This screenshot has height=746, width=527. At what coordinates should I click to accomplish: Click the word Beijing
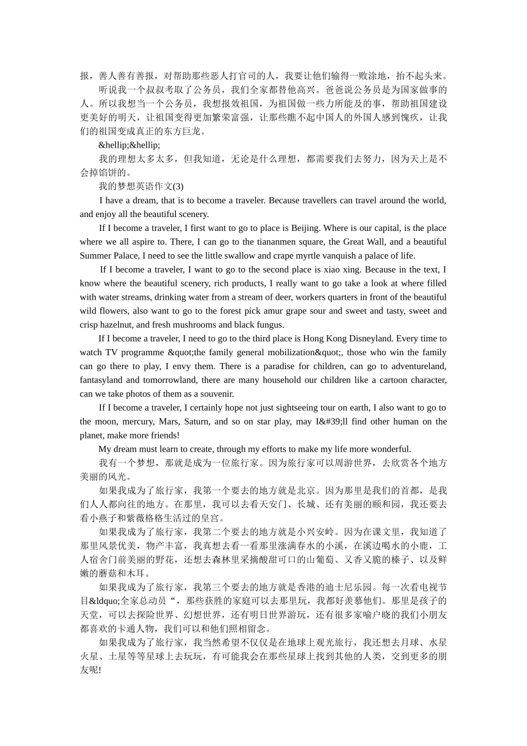[x=306, y=228]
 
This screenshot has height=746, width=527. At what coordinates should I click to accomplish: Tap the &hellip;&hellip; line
[x=129, y=145]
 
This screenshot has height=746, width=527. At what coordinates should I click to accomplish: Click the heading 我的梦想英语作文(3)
[x=141, y=186]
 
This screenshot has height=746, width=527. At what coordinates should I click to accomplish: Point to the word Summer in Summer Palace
[x=95, y=256]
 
